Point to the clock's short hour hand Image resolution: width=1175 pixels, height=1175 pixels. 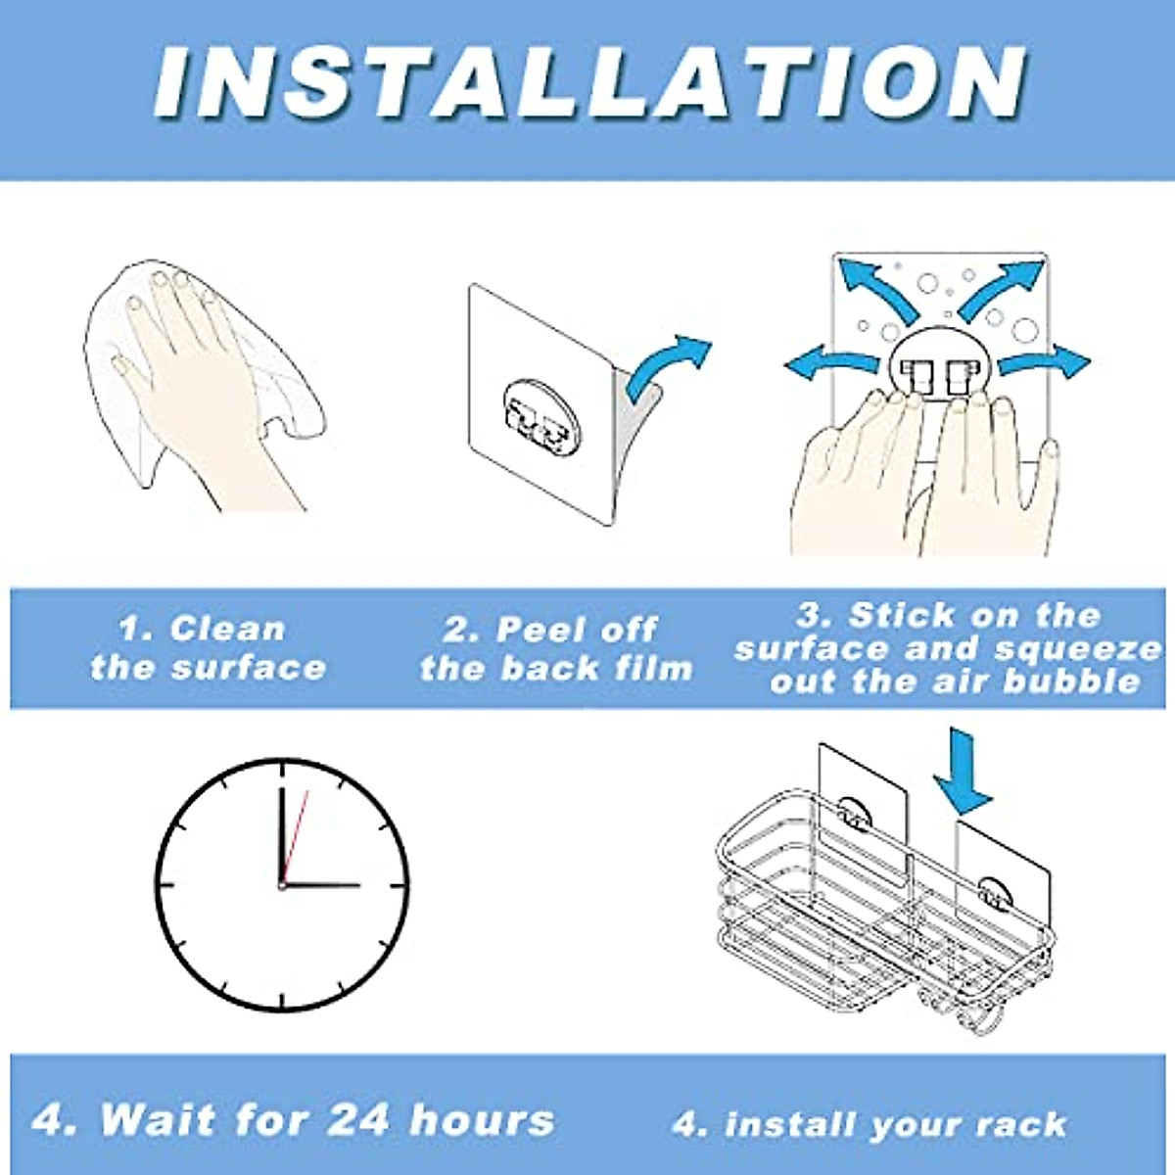pyautogui.click(x=323, y=885)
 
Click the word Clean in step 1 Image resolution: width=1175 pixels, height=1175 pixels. pyautogui.click(x=227, y=629)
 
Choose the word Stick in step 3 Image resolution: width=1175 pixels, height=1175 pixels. pyautogui.click(x=901, y=616)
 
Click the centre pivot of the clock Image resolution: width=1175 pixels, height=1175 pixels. pyautogui.click(x=282, y=885)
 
